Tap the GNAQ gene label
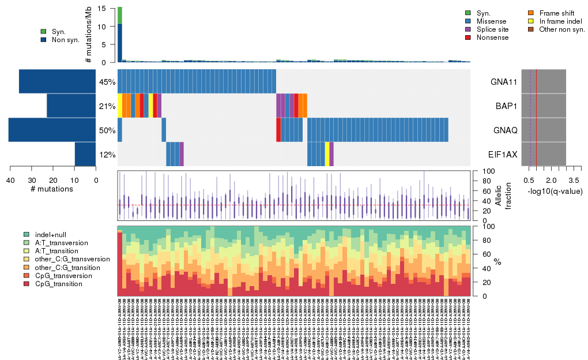pos(506,130)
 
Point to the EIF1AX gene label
pos(504,155)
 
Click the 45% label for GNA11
pos(107,82)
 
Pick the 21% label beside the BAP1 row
pos(107,106)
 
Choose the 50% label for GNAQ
pos(107,130)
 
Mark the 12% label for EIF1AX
pos(107,155)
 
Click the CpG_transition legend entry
pos(58,284)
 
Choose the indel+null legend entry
pos(51,235)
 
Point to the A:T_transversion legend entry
pos(60,243)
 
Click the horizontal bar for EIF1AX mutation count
pos(85,154)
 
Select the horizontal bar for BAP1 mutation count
pos(71,106)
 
